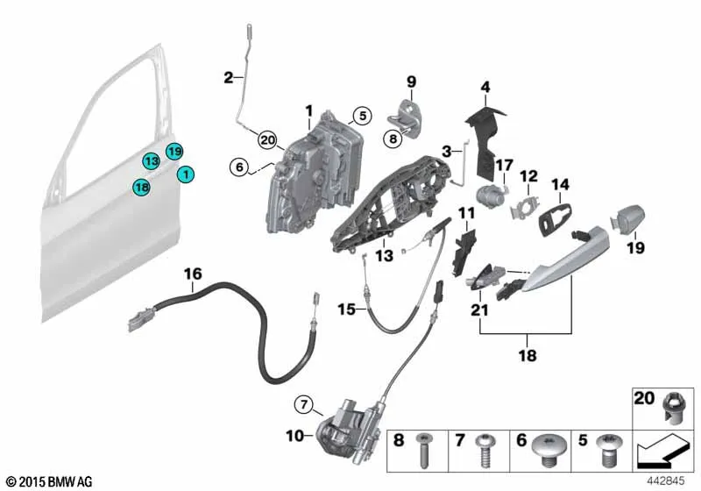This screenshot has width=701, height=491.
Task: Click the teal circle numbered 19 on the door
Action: pyautogui.click(x=174, y=152)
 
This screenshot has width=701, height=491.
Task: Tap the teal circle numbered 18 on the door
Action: pyautogui.click(x=142, y=187)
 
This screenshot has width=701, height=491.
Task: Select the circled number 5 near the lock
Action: pyautogui.click(x=362, y=116)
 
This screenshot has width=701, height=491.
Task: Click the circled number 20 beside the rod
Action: pyautogui.click(x=267, y=140)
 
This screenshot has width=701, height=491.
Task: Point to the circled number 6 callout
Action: pyautogui.click(x=239, y=167)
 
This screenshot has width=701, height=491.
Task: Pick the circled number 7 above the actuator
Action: pyautogui.click(x=304, y=405)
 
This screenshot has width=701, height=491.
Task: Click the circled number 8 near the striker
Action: pyautogui.click(x=393, y=139)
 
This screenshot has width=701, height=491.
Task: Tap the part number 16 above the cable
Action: pyautogui.click(x=193, y=274)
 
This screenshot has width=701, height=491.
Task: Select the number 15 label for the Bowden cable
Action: pyautogui.click(x=346, y=309)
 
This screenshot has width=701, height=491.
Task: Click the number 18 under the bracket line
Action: pyautogui.click(x=528, y=355)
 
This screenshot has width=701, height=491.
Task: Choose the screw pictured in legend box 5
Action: pyautogui.click(x=607, y=448)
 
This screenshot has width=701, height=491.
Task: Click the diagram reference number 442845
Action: pyautogui.click(x=666, y=480)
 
